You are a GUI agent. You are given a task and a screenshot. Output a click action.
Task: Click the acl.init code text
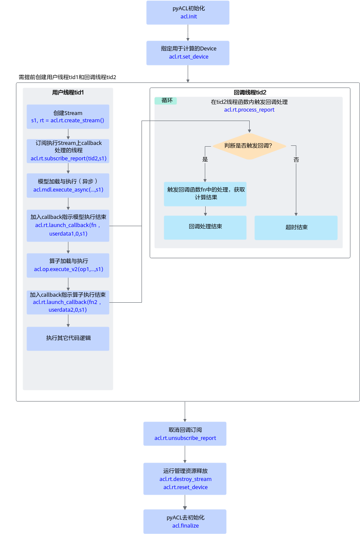pyautogui.click(x=189, y=16)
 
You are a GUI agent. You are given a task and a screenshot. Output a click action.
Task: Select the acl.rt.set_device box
pyautogui.click(x=188, y=53)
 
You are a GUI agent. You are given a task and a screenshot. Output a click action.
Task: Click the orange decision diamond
pyautogui.click(x=249, y=146)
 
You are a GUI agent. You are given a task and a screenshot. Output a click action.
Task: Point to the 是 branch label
pyautogui.click(x=205, y=159)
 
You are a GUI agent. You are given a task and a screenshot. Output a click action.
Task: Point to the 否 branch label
pyautogui.click(x=296, y=159)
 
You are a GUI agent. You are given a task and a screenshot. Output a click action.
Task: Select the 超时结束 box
pyautogui.click(x=296, y=227)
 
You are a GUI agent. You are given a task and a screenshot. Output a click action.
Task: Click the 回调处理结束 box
pyautogui.click(x=205, y=227)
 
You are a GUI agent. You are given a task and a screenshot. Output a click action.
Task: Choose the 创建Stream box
pyautogui.click(x=68, y=117)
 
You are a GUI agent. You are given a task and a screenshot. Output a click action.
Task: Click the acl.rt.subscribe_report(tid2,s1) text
pyautogui.click(x=69, y=159)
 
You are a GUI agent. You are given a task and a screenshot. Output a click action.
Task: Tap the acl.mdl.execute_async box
pyautogui.click(x=68, y=186)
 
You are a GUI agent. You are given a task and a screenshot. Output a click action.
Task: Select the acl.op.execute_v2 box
pyautogui.click(x=68, y=266)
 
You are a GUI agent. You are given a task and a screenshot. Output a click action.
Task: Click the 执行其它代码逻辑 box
pyautogui.click(x=68, y=339)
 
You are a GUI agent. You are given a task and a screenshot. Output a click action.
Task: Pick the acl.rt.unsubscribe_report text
pyautogui.click(x=185, y=438)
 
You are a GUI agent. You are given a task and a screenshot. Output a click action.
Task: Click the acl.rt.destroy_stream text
pyautogui.click(x=186, y=479)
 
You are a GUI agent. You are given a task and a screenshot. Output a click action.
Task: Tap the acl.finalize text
pyautogui.click(x=186, y=525)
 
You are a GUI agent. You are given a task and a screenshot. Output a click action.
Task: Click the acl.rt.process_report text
pyautogui.click(x=249, y=109)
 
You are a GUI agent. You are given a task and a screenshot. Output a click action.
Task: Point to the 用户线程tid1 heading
pyautogui.click(x=68, y=92)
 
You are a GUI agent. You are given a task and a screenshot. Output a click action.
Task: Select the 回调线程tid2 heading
pyautogui.click(x=250, y=92)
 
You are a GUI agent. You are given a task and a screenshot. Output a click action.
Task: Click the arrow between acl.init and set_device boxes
pyautogui.click(x=188, y=32)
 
